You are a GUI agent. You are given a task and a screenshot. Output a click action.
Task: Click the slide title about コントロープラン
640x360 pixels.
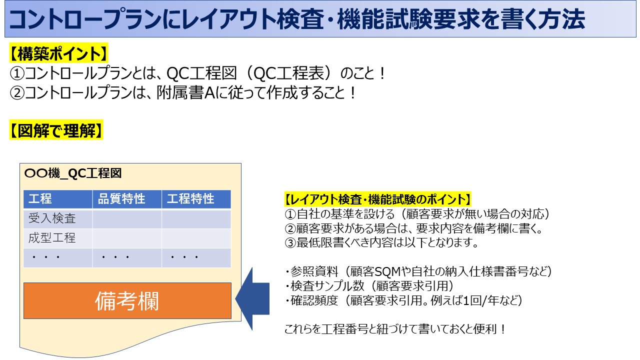coord(297,20)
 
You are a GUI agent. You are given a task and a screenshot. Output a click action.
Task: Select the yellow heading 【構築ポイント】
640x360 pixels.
coord(59,52)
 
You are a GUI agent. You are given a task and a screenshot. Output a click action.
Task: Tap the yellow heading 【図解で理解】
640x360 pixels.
coord(56,130)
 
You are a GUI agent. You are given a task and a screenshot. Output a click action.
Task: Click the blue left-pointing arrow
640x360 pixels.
coord(252,299)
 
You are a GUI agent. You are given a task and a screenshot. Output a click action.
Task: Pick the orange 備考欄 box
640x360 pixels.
coord(127,300)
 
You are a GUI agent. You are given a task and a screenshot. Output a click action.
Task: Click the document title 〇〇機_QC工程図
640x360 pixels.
coord(73,173)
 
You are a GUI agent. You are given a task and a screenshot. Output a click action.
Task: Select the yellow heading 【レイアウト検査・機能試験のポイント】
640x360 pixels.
coord(377,199)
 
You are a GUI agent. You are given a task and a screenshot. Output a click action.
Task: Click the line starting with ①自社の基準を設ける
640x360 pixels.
coord(417,214)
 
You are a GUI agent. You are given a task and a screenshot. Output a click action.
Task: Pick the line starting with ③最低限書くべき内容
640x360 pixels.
coord(381,243)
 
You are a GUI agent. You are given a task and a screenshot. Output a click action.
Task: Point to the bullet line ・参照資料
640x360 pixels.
coord(418,271)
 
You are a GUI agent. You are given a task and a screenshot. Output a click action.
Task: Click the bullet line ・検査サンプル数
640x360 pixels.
coord(369,286)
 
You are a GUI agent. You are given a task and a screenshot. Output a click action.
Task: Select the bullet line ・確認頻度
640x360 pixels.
coord(403,300)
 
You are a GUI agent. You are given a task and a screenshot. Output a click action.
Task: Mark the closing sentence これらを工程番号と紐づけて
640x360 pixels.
coord(395,329)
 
